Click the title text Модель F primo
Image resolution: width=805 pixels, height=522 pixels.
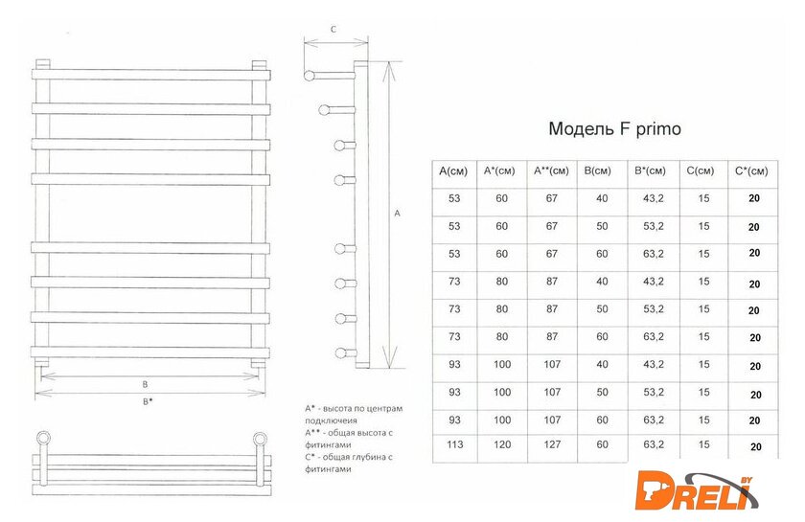click(614, 128)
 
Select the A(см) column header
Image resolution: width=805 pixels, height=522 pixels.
click(453, 170)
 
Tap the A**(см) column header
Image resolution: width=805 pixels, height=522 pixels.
click(551, 170)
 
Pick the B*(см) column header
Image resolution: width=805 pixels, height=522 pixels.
click(650, 170)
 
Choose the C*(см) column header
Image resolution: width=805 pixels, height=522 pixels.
click(751, 170)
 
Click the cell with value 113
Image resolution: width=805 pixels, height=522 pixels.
click(455, 444)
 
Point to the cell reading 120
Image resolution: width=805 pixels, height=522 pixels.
click(502, 444)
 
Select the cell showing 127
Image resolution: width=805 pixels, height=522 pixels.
click(552, 444)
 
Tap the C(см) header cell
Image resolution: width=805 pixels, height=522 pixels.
click(701, 170)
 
